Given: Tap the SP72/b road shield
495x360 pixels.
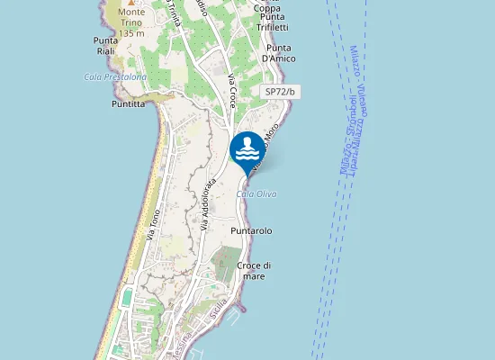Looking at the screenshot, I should tap(281, 92).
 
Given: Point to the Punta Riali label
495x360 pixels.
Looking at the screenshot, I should tap(106, 46).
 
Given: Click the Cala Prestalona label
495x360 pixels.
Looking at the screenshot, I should tap(115, 77).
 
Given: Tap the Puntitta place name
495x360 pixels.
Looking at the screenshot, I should tap(128, 103).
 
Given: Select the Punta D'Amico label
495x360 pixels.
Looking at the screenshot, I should tap(279, 53).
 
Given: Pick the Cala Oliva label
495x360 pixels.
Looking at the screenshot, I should tap(256, 194).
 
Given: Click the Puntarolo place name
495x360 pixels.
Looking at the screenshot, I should tap(251, 231).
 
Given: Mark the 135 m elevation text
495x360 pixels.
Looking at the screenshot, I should tap(131, 32).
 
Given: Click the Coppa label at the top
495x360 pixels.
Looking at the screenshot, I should tap(267, 9).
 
